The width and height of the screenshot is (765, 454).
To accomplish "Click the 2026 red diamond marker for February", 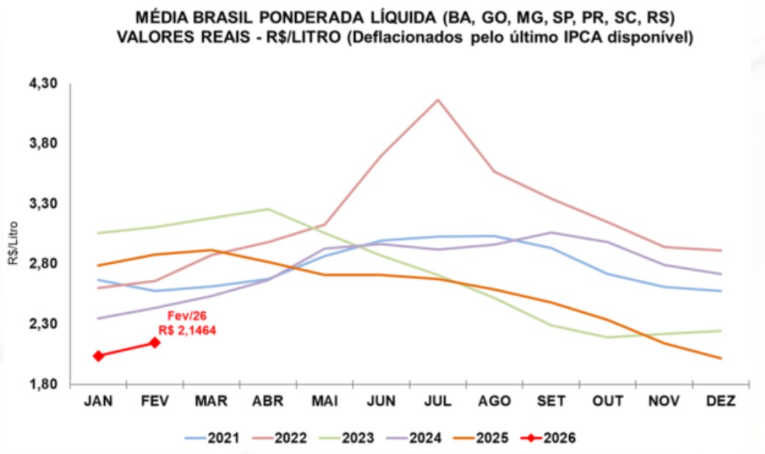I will pyautogui.click(x=155, y=342).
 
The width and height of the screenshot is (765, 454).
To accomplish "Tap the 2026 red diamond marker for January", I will pyautogui.click(x=98, y=356).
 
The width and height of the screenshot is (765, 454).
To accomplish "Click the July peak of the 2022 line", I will pyautogui.click(x=438, y=100).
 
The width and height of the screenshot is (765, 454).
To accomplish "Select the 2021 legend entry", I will pyautogui.click(x=213, y=439).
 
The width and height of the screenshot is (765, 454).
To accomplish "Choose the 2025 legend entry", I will pyautogui.click(x=481, y=439).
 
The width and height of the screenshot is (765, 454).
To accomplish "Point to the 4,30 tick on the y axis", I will pyautogui.click(x=43, y=84).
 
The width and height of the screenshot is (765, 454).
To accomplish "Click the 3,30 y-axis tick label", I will pyautogui.click(x=43, y=204).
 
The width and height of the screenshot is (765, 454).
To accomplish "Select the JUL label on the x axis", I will pyautogui.click(x=438, y=401).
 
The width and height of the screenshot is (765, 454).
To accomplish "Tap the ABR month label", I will pyautogui.click(x=268, y=401).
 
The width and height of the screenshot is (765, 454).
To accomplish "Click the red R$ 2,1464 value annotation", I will pyautogui.click(x=187, y=331).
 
